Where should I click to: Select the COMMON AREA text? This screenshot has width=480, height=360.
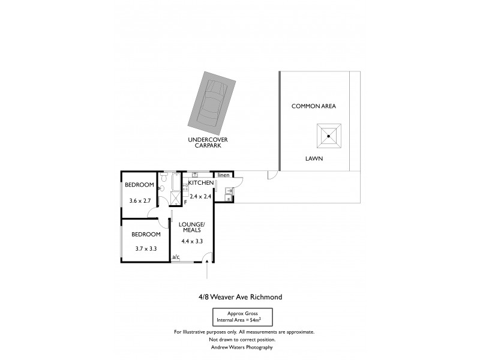pyautogui.click(x=314, y=106)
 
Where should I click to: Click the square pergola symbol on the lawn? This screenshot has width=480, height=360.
pyautogui.click(x=329, y=136)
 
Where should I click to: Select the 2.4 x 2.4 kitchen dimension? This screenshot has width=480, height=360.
pyautogui.click(x=201, y=196)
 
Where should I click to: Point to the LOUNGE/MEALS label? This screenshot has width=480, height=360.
pyautogui.click(x=192, y=227)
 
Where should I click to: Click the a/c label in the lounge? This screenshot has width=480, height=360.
pyautogui.click(x=176, y=257)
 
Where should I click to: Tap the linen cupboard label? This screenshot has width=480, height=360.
pyautogui.click(x=223, y=175)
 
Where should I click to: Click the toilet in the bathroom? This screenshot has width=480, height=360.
pyautogui.click(x=161, y=188)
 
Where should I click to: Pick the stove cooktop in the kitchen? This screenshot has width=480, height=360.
pyautogui.click(x=186, y=187)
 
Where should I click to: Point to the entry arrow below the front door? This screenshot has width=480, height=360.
pyautogui.click(x=207, y=274)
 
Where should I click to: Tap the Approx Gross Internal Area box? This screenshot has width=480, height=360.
pyautogui.click(x=243, y=316)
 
